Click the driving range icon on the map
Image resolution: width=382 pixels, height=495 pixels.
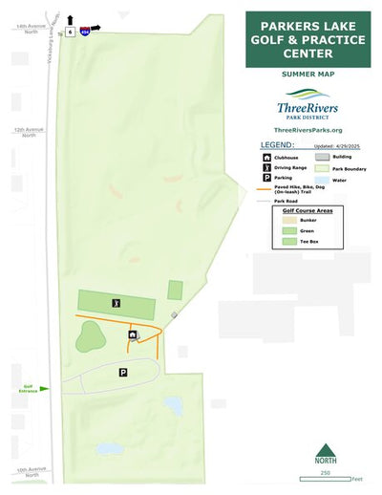tap(117, 303)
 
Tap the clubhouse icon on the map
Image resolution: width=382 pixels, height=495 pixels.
tap(132, 335)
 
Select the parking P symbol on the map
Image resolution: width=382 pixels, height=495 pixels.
tap(123, 373)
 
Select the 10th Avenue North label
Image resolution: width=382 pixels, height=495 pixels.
tap(30, 471)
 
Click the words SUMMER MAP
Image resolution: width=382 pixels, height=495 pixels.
tap(307, 73)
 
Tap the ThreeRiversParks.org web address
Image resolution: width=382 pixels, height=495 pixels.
tap(308, 130)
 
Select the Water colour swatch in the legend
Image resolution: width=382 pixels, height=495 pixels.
tap(322, 179)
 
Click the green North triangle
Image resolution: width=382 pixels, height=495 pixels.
tap(326, 450)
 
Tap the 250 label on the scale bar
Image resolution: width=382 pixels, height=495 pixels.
tap(325, 472)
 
